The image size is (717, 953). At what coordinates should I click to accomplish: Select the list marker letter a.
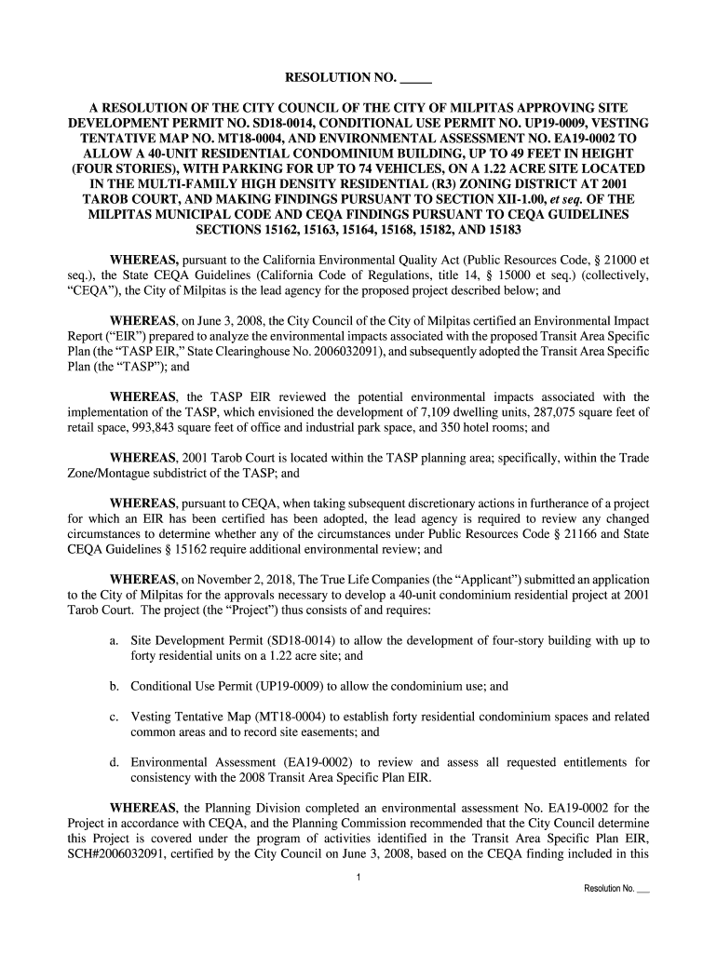tap(113, 640)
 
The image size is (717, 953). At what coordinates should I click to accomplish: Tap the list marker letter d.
tap(113, 761)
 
